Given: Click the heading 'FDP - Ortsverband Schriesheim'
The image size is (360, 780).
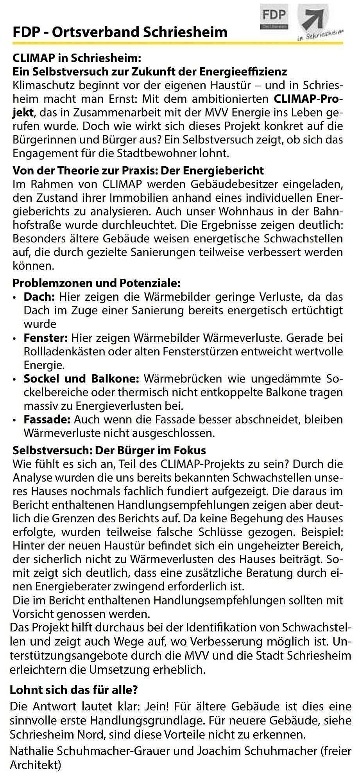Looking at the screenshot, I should (x=120, y=32).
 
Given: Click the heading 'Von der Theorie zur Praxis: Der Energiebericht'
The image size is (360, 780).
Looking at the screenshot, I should (x=138, y=170).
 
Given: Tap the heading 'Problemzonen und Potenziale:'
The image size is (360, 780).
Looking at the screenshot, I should (x=97, y=282).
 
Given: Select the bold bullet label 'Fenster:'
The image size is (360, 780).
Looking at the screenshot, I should (x=46, y=337).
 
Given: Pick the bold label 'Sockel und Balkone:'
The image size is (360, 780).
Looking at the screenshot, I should (x=81, y=378).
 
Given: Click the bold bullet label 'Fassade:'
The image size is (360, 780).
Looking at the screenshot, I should (x=47, y=420).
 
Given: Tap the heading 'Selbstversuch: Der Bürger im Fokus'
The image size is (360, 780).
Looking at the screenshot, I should (x=109, y=450).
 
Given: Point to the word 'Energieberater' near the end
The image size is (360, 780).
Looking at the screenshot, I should (x=70, y=586).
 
